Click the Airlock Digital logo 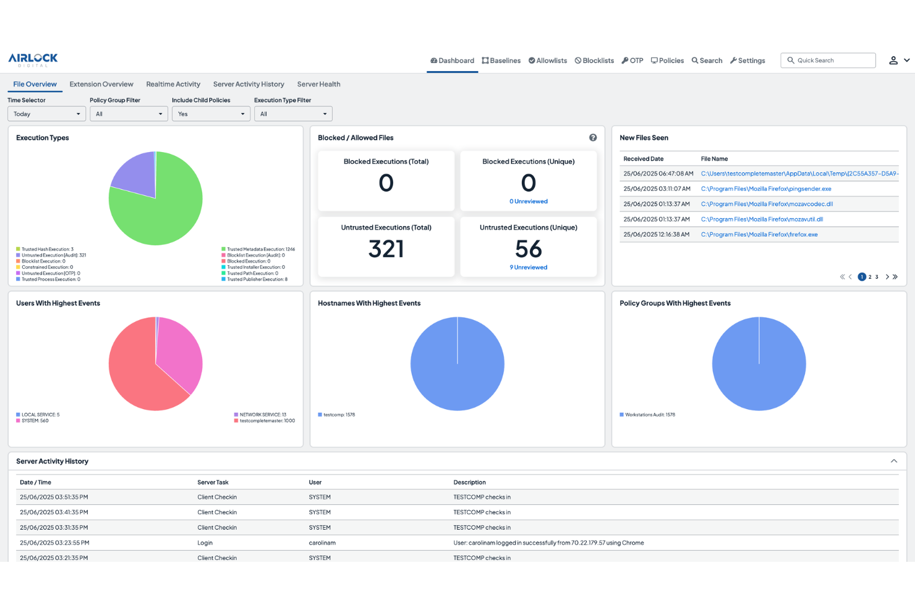coord(33,60)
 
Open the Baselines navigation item coord(501,61)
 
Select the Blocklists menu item coord(594,61)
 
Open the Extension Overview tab coord(101,84)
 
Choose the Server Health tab coord(318,84)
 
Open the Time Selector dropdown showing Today coord(46,114)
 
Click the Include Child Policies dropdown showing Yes coord(211,114)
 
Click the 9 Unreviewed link coord(529,268)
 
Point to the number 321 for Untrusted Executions coord(386,249)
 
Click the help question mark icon coord(593,138)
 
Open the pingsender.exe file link coord(766,189)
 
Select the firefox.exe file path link coord(759,235)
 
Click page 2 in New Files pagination coord(870,277)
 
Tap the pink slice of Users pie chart coord(179,352)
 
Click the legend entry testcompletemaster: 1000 coord(266,421)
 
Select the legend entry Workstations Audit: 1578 coord(649,415)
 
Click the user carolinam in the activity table coord(322,543)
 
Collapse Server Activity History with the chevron coord(894,461)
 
